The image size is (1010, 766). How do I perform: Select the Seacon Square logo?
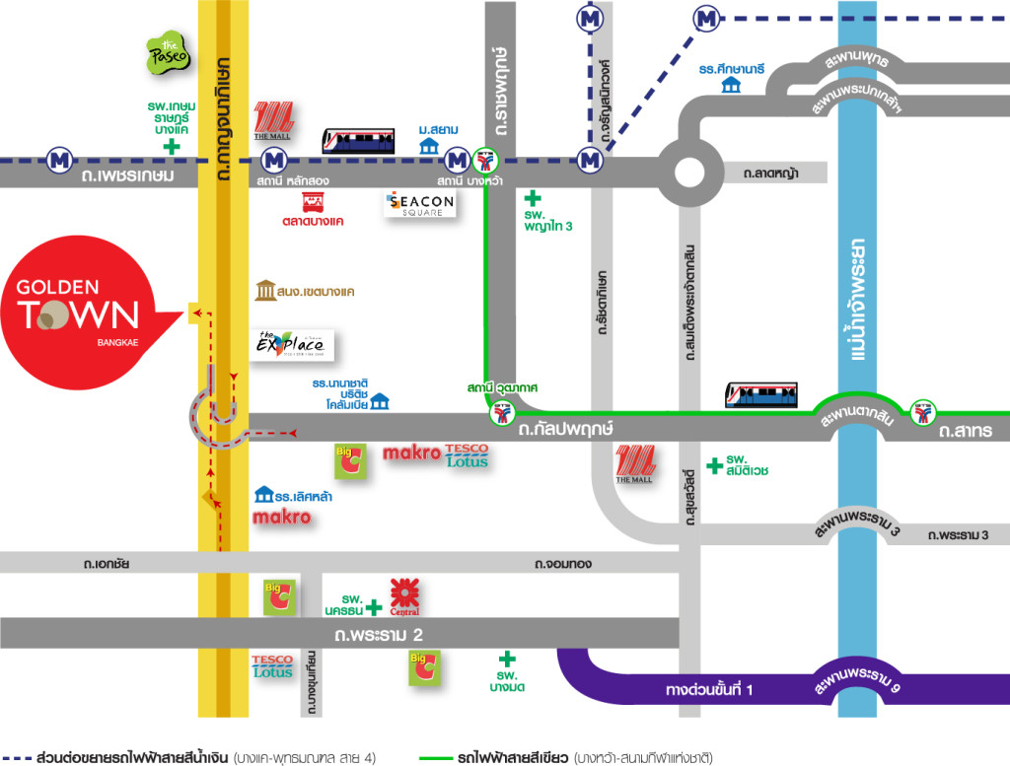tap(420, 204)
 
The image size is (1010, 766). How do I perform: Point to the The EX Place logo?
tap(291, 345)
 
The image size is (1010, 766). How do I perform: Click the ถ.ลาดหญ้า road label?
tap(772, 174)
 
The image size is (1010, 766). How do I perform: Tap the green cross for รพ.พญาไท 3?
tap(534, 198)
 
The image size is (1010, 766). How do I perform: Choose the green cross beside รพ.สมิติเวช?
tap(713, 464)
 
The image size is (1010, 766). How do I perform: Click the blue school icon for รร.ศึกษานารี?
tap(731, 85)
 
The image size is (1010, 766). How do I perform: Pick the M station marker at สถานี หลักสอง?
tap(273, 159)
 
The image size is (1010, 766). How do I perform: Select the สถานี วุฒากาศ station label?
tap(503, 388)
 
